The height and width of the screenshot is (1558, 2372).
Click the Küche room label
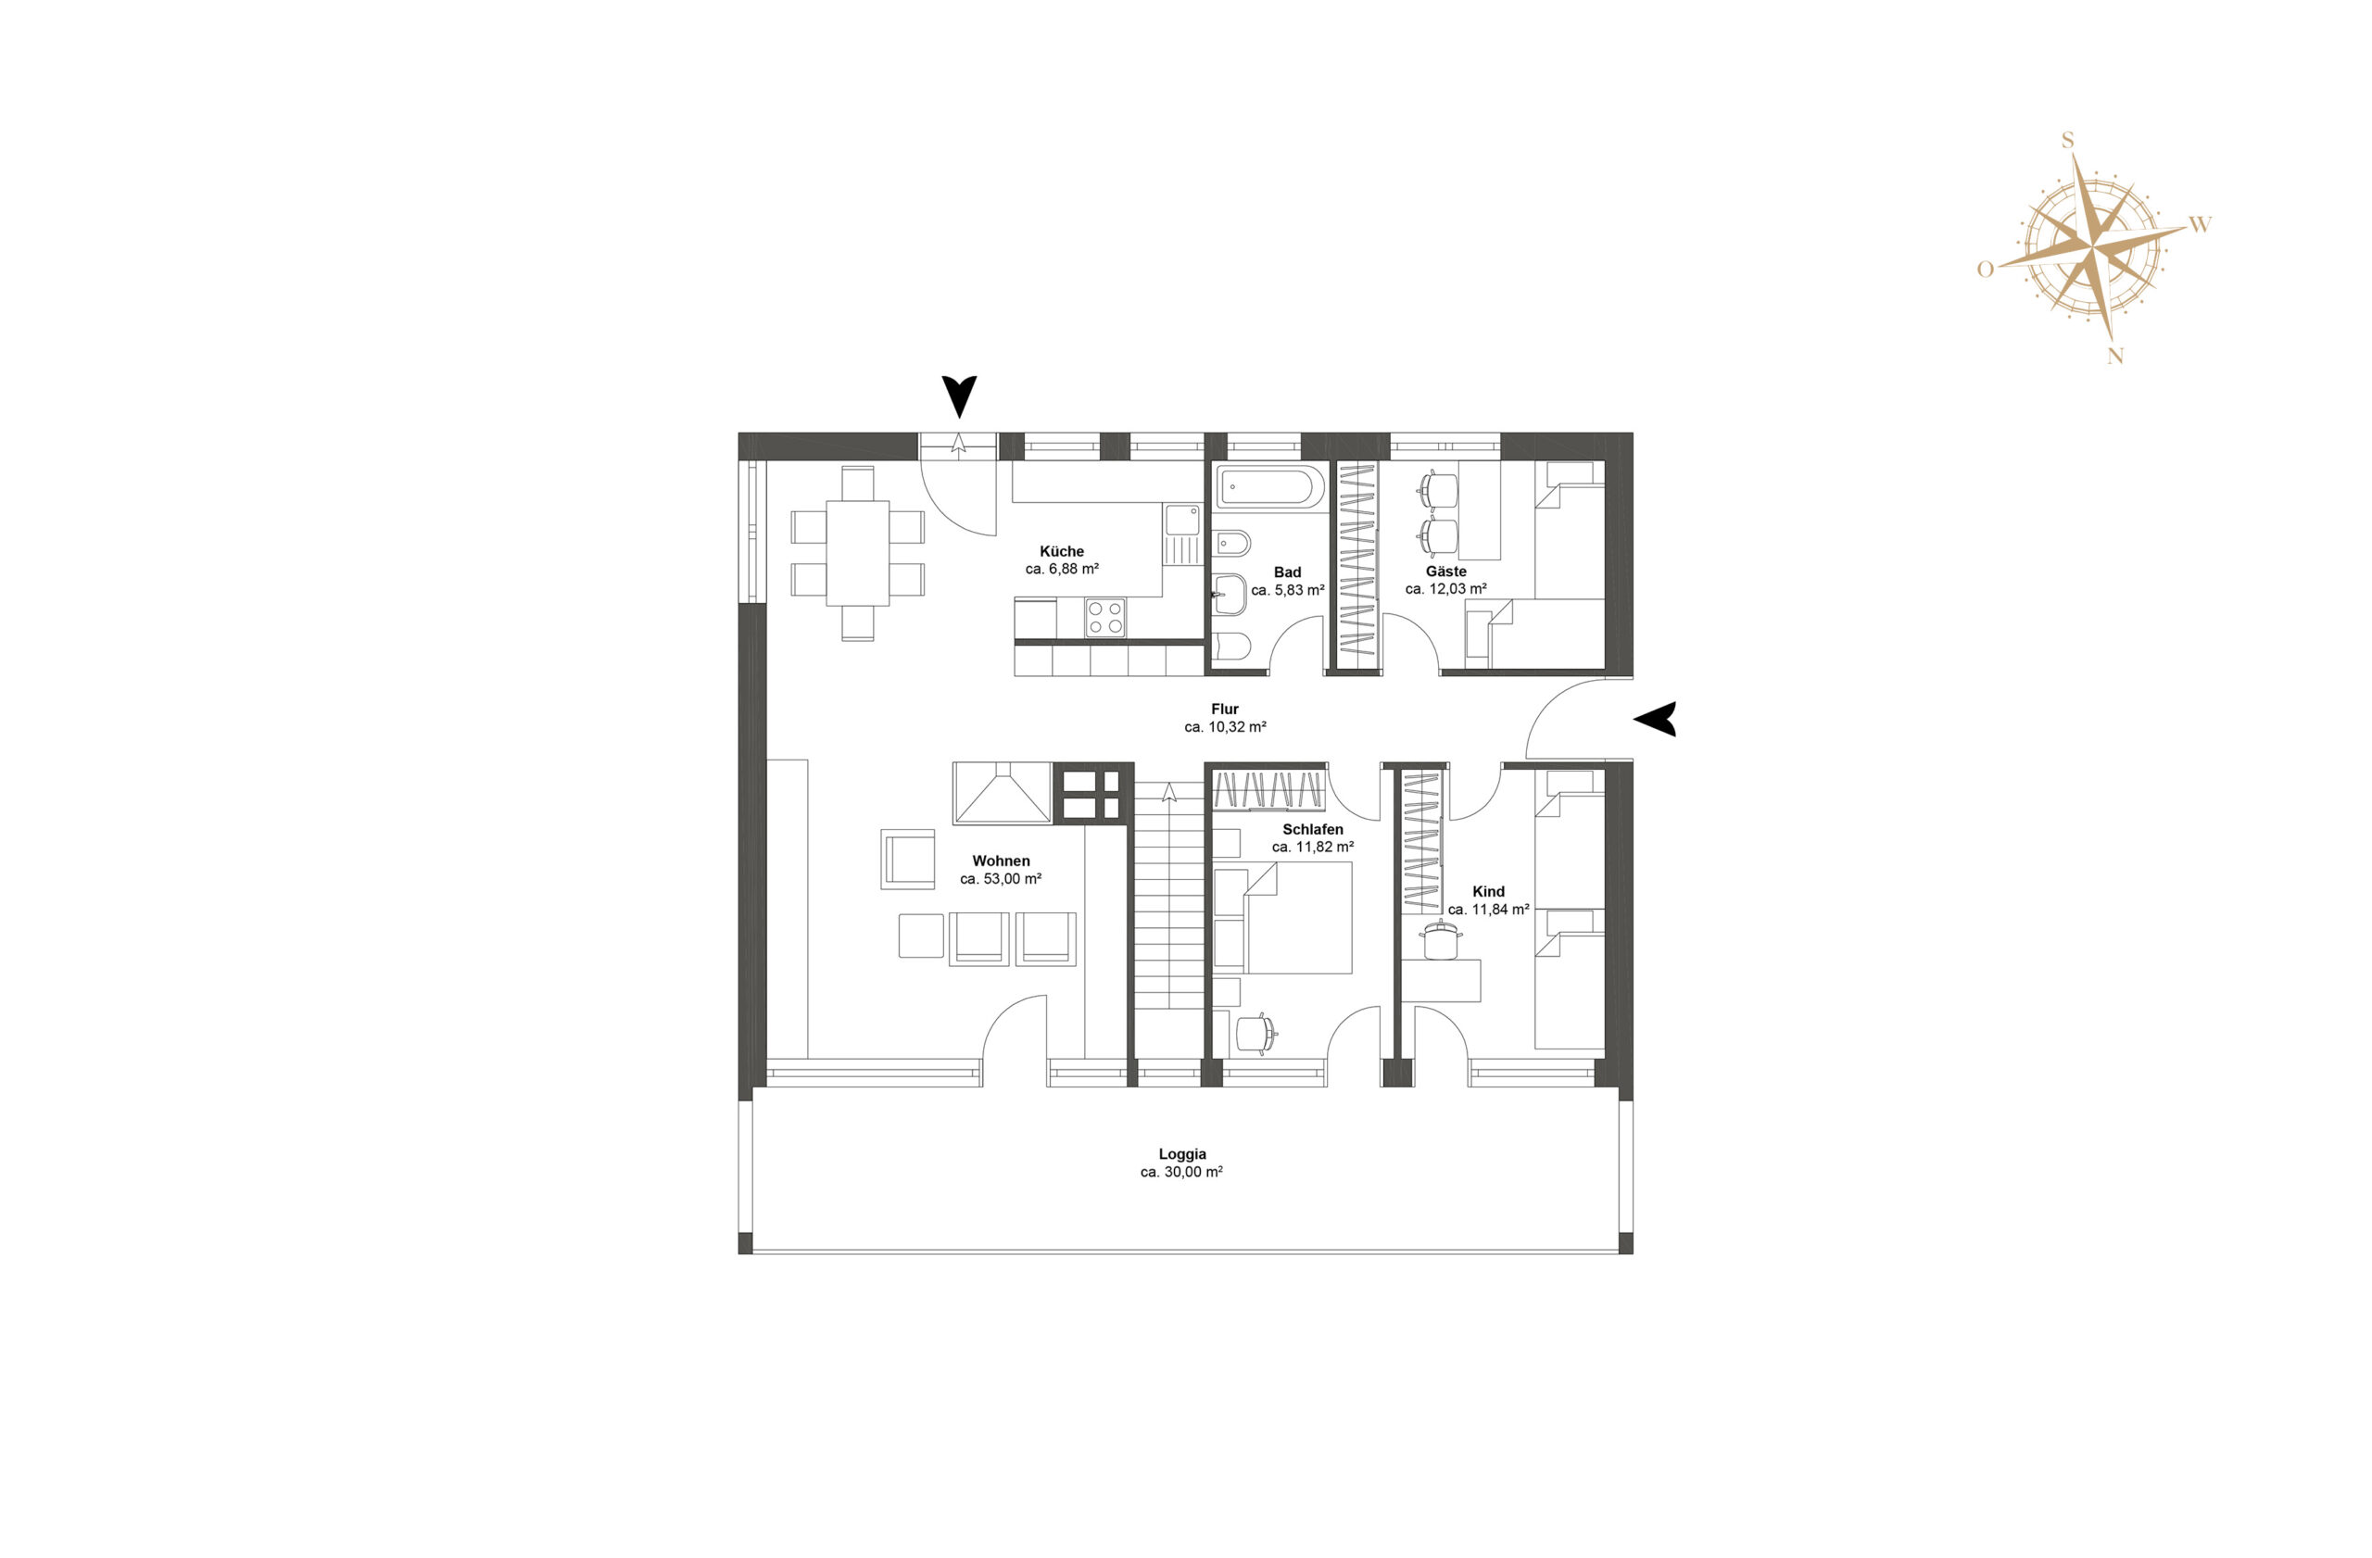point(1062,551)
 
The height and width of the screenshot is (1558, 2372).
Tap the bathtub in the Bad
point(1270,487)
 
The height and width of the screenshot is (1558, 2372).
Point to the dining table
point(857,553)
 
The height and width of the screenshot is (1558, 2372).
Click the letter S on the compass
point(2067,142)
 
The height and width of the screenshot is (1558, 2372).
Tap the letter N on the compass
point(2114,356)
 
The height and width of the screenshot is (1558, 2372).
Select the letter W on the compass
point(2201,225)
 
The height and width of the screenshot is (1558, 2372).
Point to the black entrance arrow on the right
point(1656,719)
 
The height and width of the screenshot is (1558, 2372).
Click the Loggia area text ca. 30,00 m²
point(1182,1173)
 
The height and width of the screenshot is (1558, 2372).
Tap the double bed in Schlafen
point(1297,917)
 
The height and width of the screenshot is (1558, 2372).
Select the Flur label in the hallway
point(1225,710)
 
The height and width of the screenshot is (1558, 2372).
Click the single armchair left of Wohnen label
point(908,859)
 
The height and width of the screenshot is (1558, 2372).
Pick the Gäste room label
point(1446,572)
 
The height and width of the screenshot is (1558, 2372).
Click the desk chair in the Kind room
point(1440,939)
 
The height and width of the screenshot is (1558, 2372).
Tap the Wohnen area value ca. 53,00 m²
point(1001,879)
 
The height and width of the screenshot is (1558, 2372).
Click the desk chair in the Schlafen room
point(1255,1033)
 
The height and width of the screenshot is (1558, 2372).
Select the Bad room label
point(1288,572)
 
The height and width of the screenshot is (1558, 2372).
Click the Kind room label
point(1488,892)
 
